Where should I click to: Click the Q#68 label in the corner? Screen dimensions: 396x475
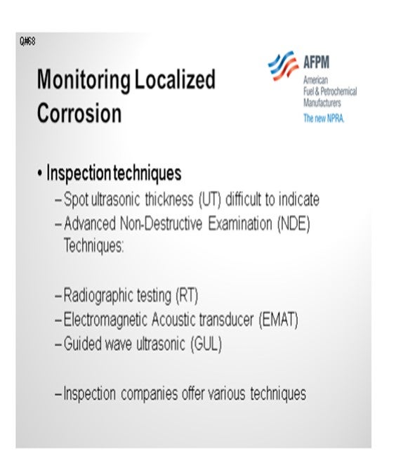coord(27,41)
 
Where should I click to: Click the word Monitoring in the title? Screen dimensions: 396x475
coord(84,80)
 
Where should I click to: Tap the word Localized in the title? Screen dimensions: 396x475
coord(175,79)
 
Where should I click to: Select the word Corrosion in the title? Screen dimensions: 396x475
coord(79,112)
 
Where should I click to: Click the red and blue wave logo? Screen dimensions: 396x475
coord(283,66)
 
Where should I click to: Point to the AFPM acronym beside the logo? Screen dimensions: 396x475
coord(316,62)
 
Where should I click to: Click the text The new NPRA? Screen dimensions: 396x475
coord(324,118)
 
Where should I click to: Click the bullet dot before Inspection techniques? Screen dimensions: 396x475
coord(39,174)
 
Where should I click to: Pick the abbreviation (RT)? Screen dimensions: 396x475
coord(187,295)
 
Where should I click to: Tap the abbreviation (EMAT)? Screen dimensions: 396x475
coord(278,320)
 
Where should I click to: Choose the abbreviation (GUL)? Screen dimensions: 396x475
coord(206,344)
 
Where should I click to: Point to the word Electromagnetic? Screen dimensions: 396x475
coord(105,320)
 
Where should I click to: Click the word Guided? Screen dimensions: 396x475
coord(83,344)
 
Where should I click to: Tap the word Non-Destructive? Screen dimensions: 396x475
coord(161,224)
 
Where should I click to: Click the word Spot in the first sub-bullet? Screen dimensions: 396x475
coord(76,200)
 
